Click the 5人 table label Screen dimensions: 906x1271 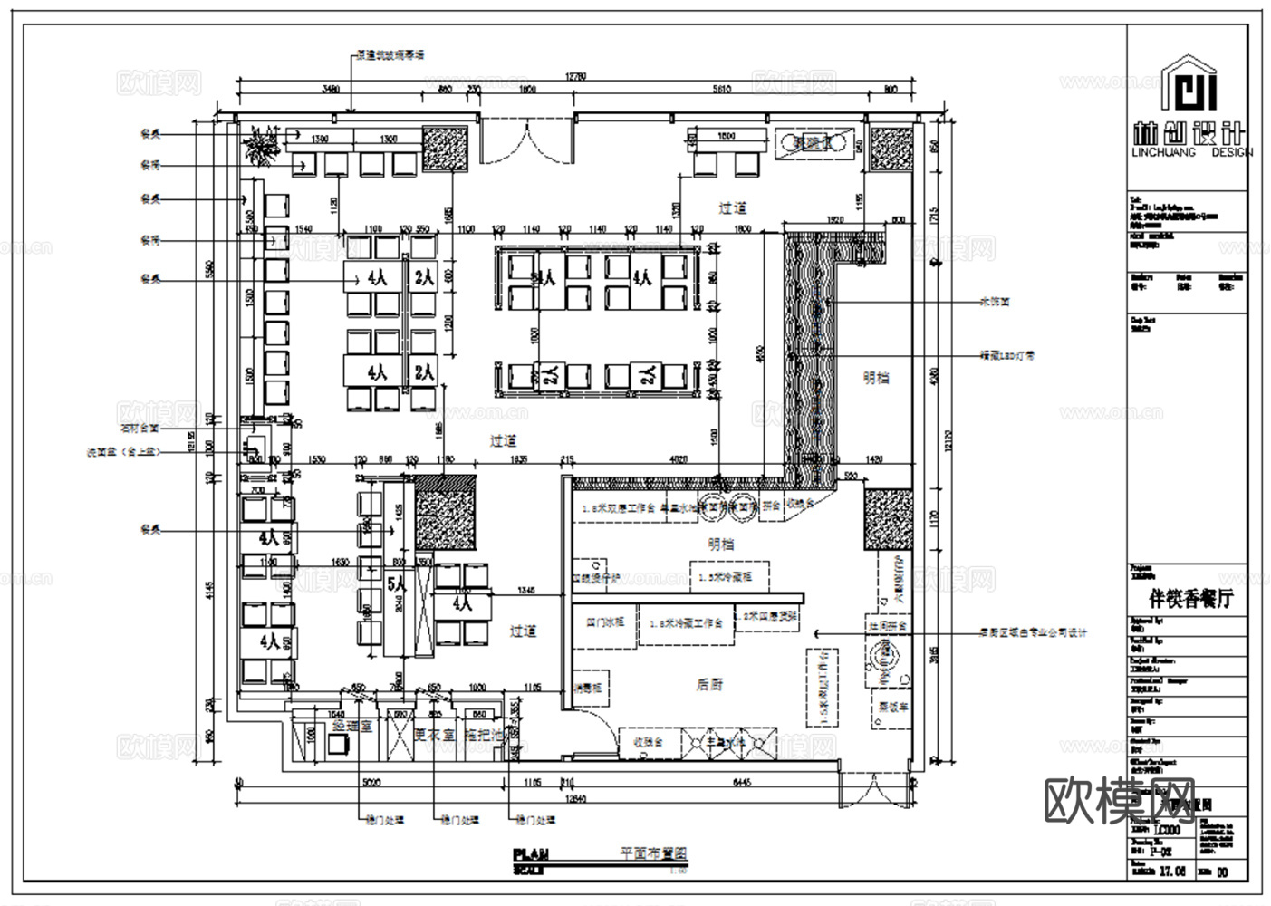[397, 584]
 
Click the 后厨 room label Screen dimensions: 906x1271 [709, 685]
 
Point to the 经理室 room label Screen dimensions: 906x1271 [352, 726]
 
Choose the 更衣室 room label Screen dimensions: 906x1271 [432, 735]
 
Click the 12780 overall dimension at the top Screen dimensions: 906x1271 [576, 76]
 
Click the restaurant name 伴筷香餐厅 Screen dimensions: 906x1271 [1190, 599]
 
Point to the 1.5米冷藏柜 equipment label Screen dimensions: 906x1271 [729, 576]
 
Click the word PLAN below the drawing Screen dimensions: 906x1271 [531, 853]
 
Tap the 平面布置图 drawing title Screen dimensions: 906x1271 [653, 853]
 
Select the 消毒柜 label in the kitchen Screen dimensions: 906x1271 [588, 689]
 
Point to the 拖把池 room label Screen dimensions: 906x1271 [484, 735]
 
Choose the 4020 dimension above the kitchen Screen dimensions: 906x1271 [678, 459]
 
